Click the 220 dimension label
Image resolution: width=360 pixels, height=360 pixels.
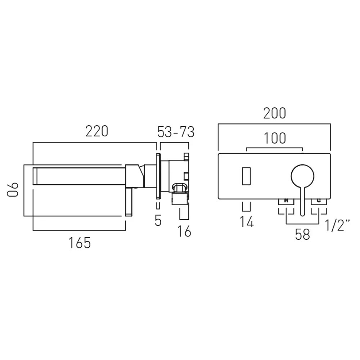tap(96, 131)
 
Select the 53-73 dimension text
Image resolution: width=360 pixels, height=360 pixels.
tap(176, 132)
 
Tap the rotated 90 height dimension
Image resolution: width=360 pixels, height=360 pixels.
tap(12, 190)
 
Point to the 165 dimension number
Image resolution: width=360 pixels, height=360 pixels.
tap(80, 243)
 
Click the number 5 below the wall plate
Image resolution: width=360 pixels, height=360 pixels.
tap(158, 221)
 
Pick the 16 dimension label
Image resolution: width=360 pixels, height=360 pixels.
tap(184, 231)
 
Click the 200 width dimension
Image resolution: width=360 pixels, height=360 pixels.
tap(275, 113)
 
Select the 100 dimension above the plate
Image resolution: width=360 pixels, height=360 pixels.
tap(275, 138)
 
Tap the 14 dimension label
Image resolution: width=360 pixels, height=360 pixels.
tap(247, 222)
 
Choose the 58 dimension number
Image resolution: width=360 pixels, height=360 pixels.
tap(303, 234)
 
